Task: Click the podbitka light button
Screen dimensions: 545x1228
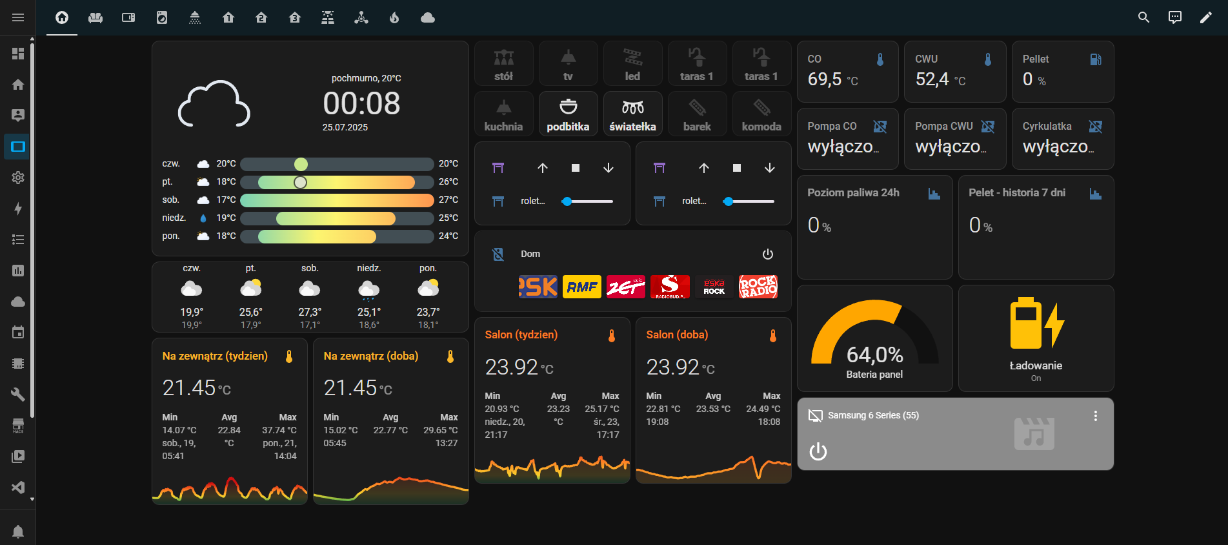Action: click(568, 114)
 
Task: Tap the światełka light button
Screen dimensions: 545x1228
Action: click(632, 114)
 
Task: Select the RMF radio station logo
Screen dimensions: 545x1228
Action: click(581, 287)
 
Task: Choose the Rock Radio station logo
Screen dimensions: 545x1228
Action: click(758, 287)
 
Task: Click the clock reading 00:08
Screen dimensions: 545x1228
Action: click(361, 103)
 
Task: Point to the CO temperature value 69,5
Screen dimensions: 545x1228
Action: click(825, 79)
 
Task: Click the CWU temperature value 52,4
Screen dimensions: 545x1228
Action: click(932, 79)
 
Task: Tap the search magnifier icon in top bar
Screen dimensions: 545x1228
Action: click(1143, 17)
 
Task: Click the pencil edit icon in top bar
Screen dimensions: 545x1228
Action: click(1205, 17)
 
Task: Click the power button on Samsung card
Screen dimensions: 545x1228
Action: click(818, 451)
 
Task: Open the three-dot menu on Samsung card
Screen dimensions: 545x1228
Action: click(1095, 416)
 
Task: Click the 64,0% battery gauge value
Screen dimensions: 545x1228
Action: click(874, 355)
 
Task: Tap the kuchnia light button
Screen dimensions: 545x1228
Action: click(503, 114)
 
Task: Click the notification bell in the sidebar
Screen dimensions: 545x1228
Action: click(18, 531)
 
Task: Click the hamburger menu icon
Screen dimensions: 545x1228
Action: click(18, 17)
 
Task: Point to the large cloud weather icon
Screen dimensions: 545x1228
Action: click(214, 104)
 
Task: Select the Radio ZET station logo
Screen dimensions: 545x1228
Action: click(625, 287)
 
